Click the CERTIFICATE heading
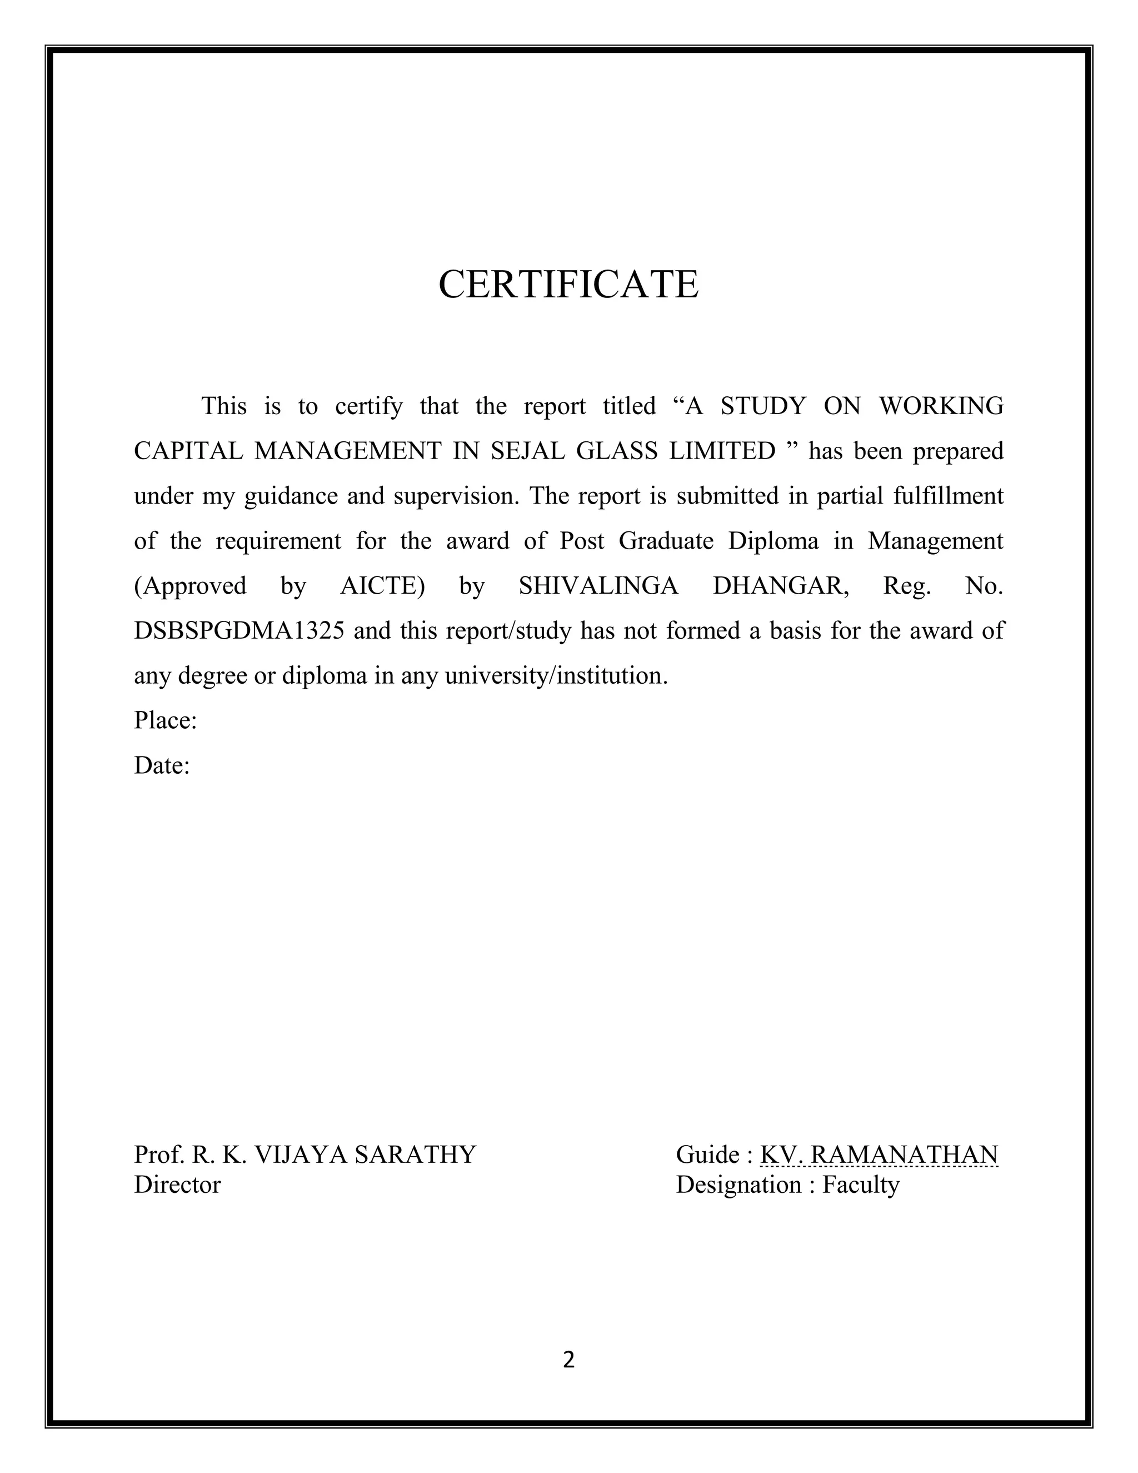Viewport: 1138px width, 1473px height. (568, 284)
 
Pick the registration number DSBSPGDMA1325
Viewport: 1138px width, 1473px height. (239, 631)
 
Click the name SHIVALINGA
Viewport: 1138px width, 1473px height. (598, 585)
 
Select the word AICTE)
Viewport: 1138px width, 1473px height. (382, 585)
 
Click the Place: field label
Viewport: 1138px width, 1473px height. (165, 720)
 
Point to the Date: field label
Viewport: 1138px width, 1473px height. (162, 765)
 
